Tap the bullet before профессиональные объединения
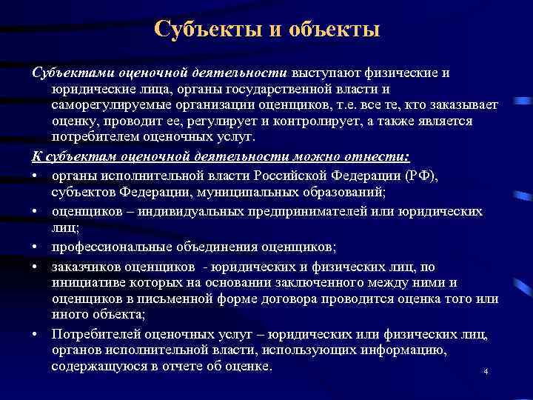(x=36, y=247)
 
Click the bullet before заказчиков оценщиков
(x=36, y=267)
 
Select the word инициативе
(x=87, y=282)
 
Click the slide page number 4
(x=486, y=372)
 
